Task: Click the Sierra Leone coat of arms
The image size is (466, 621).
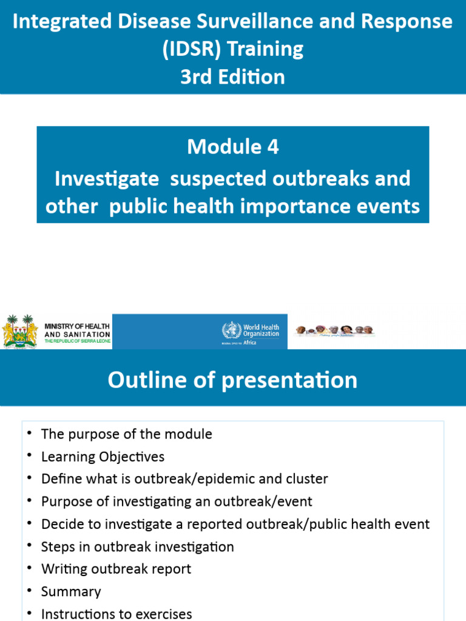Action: (20, 331)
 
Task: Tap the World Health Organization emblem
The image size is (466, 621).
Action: (231, 331)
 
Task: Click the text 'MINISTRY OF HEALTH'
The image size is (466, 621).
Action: (77, 327)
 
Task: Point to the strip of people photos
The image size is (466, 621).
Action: (334, 331)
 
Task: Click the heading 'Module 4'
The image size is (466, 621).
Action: (233, 147)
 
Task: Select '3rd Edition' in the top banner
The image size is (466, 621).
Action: (233, 77)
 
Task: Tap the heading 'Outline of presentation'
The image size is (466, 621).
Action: (233, 380)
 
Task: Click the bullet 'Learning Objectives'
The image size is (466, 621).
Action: (103, 457)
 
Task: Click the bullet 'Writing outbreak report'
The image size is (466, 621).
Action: (116, 569)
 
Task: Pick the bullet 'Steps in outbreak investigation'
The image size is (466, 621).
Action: (137, 546)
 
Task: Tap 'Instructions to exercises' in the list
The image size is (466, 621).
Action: (116, 614)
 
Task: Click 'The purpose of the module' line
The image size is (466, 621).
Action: (126, 434)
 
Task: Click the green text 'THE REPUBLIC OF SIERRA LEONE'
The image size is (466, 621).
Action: (77, 341)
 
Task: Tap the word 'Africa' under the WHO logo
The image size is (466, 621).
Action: (249, 343)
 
